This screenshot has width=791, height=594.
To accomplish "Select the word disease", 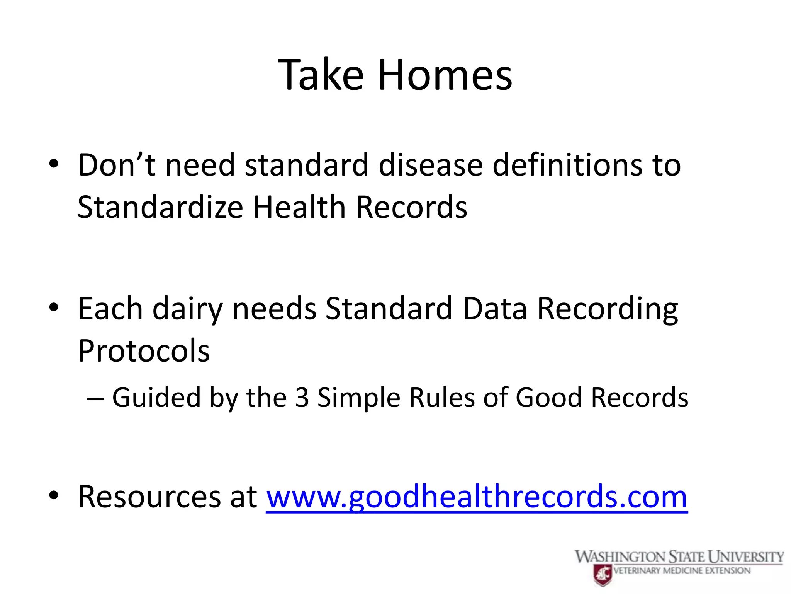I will [x=431, y=165].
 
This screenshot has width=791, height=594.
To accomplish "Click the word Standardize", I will [x=160, y=207].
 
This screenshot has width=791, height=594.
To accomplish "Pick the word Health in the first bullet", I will [x=299, y=207].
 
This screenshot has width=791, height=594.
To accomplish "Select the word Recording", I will [x=607, y=309].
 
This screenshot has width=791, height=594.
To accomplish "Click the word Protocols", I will [x=144, y=351].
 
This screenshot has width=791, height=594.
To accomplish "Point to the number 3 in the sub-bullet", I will [x=302, y=398].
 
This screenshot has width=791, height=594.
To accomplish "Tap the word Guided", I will [x=156, y=398].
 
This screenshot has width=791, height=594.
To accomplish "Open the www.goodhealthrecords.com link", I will [x=477, y=497].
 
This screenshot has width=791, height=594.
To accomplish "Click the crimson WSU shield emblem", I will [x=603, y=574].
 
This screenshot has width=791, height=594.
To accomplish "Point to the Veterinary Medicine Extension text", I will [x=682, y=570].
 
